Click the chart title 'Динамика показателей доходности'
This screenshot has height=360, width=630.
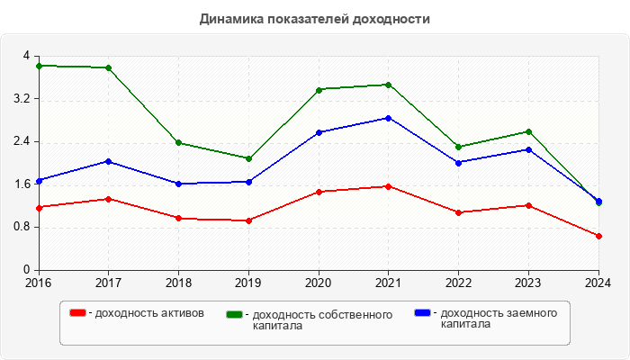pos(314,19)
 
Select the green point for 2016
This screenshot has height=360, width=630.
pos(39,66)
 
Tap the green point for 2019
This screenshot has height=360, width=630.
pos(248,158)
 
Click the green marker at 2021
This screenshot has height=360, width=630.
pos(388,85)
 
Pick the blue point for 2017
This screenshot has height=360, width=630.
pos(108,161)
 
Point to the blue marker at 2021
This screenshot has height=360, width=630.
pos(388,118)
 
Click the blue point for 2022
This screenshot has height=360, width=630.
pos(458,163)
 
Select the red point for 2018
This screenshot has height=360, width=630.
pos(178,218)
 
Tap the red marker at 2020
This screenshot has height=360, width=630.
pos(319,192)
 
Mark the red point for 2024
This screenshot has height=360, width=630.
pos(598,236)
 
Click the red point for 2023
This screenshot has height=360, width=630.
pos(528,205)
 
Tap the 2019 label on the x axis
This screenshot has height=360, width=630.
pos(248,283)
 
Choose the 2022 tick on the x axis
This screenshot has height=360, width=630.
pos(458,283)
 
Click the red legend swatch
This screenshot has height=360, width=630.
pos(78,313)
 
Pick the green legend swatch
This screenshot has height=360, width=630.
pos(235,314)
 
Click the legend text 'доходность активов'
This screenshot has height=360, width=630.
pos(149,313)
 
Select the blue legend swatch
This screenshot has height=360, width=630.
pos(422,313)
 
